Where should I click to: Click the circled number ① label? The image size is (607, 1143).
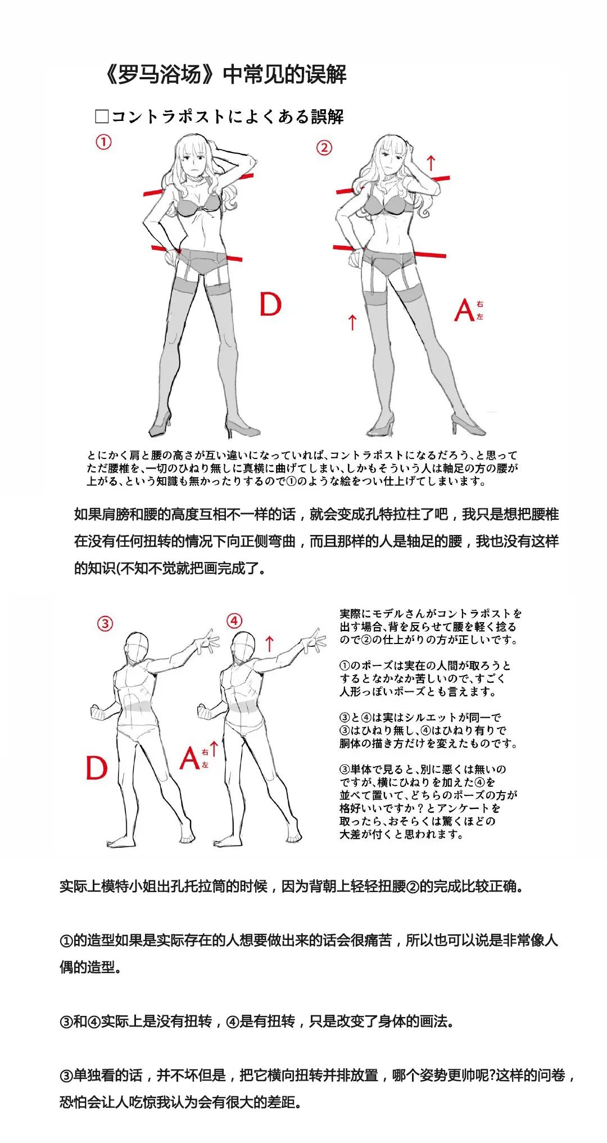103,142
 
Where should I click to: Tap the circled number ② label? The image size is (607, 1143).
324,148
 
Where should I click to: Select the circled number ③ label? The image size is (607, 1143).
105,623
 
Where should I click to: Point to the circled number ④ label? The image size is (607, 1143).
234,621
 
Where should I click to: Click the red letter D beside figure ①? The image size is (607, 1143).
270,304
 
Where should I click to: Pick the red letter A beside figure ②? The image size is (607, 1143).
465,310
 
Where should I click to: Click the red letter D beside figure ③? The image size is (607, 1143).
96,767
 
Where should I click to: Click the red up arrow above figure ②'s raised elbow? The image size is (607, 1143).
431,163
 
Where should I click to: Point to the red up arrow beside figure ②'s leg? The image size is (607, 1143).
352,322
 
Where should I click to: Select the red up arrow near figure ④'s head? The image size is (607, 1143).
270,643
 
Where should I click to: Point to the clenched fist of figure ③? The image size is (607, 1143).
98,712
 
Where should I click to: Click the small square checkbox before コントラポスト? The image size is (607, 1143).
102,116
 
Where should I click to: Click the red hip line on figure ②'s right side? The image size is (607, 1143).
430,254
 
